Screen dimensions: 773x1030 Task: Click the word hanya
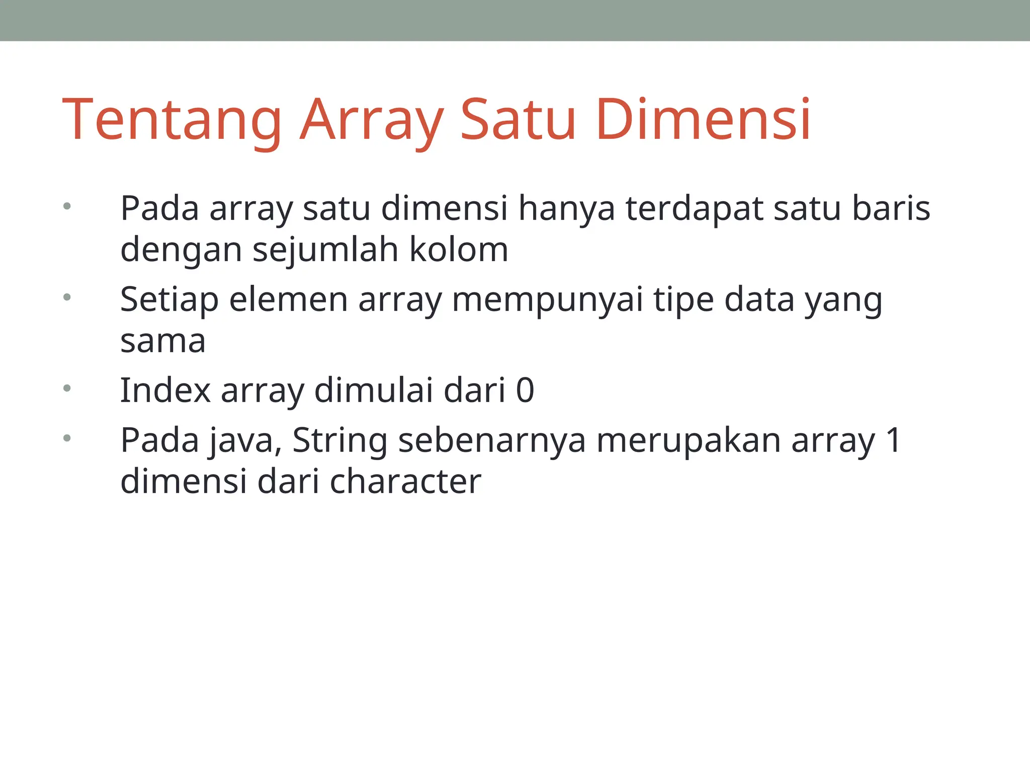click(x=566, y=208)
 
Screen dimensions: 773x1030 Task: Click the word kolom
click(x=459, y=250)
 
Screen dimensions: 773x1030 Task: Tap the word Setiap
click(x=169, y=300)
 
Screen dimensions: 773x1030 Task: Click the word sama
click(x=163, y=341)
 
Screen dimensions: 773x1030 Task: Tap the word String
click(x=339, y=440)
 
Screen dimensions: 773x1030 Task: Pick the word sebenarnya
click(x=492, y=440)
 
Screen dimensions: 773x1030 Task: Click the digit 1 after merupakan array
click(x=893, y=440)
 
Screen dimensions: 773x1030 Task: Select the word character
click(x=405, y=482)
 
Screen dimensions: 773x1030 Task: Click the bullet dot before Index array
click(x=67, y=388)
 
